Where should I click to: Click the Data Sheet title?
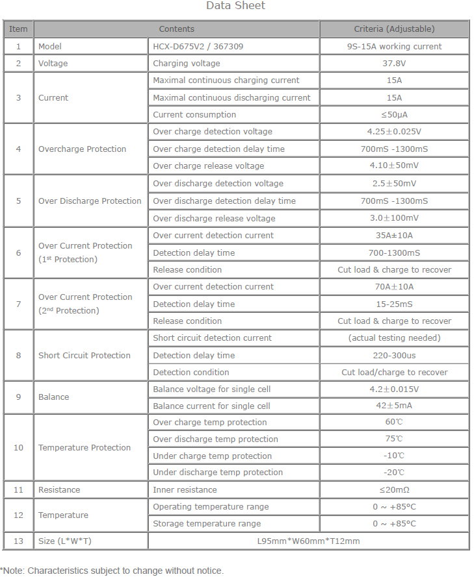[235, 6]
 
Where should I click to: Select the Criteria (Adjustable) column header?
[394, 29]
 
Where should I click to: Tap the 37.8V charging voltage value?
[394, 64]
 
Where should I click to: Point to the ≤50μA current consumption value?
[394, 115]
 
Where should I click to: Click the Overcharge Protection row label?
[82, 149]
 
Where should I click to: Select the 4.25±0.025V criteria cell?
[394, 132]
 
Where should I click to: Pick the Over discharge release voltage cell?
[214, 218]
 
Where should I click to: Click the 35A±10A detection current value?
[394, 236]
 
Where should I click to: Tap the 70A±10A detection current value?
[394, 287]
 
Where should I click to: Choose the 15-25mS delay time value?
[394, 304]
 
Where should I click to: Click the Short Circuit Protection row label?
[84, 355]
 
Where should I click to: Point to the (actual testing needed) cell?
[394, 338]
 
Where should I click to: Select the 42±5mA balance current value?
[394, 406]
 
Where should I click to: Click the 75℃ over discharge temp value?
[394, 439]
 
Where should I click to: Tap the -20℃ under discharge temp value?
[394, 473]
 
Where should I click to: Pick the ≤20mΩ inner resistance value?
[394, 490]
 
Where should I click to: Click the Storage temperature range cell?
[207, 524]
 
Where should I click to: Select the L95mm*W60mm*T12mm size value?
[308, 541]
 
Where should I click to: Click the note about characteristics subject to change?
[112, 571]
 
